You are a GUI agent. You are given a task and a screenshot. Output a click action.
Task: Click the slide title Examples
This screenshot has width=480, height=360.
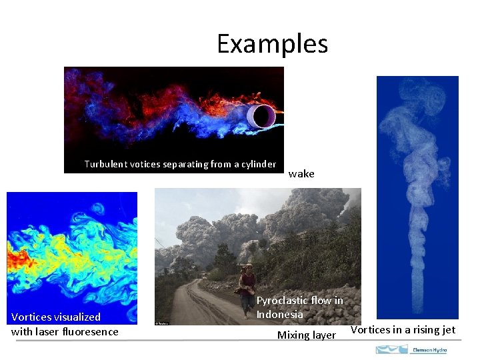(272, 44)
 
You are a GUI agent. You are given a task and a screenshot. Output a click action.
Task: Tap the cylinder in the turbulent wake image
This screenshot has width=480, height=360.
(261, 117)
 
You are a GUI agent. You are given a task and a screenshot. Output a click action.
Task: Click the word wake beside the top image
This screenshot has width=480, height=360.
(301, 173)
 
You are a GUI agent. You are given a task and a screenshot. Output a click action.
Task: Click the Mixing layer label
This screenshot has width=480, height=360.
(306, 335)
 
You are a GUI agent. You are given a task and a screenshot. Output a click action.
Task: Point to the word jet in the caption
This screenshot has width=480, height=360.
(448, 329)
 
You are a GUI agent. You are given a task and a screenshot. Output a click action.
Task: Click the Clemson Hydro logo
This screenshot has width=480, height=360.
(411, 349)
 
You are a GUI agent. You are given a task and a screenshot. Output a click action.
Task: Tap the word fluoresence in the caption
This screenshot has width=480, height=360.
(87, 331)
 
